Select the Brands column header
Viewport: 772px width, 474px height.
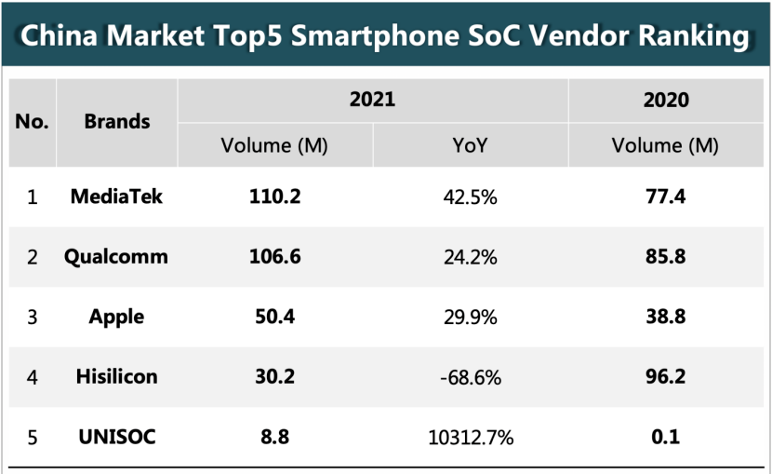coord(116,122)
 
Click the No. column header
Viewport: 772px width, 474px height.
coord(33,122)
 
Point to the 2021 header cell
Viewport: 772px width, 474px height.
coord(372,99)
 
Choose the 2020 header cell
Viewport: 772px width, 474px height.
coord(666,99)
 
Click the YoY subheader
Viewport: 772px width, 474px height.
coord(470,146)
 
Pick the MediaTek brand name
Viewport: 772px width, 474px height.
coord(116,197)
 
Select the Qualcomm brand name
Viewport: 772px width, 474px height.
coord(116,257)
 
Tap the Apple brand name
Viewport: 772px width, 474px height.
coord(116,317)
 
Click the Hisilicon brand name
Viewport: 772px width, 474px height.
coord(116,376)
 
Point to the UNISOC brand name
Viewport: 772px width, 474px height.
coord(116,435)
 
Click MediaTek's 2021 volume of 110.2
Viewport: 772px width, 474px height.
coord(274,197)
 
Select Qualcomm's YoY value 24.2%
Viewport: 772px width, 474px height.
coord(470,257)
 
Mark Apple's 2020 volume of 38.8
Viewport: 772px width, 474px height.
coord(666,317)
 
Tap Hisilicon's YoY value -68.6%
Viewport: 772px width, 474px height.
coord(470,376)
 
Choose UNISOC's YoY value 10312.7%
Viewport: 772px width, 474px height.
coord(470,436)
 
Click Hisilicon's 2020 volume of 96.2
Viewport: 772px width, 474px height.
coord(666,376)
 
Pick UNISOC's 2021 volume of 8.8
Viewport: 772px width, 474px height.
coord(274,435)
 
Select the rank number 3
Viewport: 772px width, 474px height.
coord(33,317)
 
